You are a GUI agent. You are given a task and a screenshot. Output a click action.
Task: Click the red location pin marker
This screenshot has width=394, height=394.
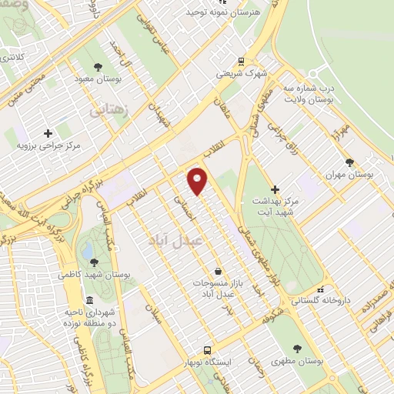[198, 179]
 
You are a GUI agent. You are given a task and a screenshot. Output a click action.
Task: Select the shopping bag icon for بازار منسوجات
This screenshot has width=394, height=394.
[219, 271]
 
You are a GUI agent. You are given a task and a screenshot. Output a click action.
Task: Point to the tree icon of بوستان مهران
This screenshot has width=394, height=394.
[350, 162]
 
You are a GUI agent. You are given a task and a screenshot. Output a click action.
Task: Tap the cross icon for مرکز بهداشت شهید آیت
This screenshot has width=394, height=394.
[275, 189]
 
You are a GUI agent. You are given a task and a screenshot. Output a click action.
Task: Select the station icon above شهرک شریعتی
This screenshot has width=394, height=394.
[242, 61]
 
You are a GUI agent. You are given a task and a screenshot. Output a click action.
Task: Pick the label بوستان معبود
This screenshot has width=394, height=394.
[95, 78]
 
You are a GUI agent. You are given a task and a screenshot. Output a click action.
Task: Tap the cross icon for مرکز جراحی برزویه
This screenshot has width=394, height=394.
[49, 132]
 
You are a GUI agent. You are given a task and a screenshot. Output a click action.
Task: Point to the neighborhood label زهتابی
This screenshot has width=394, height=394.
[108, 110]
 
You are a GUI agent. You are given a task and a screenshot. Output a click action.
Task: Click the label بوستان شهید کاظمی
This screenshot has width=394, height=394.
[93, 275]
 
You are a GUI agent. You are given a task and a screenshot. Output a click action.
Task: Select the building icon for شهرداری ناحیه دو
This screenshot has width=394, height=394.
[90, 299]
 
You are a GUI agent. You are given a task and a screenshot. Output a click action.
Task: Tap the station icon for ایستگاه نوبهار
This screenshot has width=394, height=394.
[205, 349]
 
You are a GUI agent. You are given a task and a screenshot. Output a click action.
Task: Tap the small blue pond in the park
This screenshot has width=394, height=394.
[88, 251]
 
